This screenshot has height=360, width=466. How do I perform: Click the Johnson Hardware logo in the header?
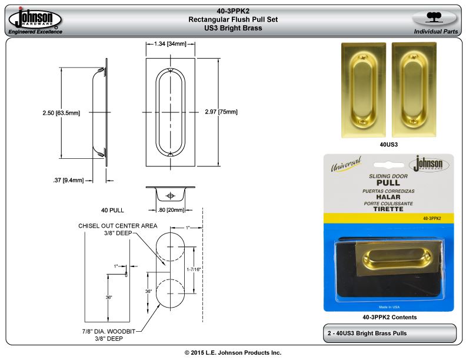click(35, 18)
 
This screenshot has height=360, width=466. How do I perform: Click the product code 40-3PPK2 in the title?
click(233, 11)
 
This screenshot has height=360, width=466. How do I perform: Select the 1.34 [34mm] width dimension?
click(170, 44)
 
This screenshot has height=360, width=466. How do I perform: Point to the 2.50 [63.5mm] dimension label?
click(61, 113)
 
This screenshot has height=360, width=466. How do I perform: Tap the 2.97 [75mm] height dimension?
click(221, 112)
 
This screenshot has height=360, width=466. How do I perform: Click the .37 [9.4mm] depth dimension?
click(68, 181)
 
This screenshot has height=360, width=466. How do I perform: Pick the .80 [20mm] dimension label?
click(171, 210)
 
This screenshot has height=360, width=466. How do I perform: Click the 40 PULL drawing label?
click(112, 211)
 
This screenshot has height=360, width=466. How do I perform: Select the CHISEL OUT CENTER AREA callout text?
click(118, 226)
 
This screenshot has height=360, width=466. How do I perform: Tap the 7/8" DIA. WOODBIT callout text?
click(109, 331)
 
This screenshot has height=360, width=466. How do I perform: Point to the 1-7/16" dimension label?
click(194, 269)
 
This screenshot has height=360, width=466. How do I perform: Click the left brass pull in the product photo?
click(364, 90)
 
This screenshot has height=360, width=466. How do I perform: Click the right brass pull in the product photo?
click(414, 89)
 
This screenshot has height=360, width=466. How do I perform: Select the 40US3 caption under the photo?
click(389, 145)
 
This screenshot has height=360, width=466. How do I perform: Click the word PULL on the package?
click(388, 183)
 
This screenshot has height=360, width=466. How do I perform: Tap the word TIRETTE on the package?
click(388, 209)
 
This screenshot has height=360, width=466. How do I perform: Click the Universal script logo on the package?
click(346, 164)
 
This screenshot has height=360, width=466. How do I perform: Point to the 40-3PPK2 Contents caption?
click(390, 317)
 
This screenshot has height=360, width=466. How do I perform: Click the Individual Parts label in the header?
click(436, 32)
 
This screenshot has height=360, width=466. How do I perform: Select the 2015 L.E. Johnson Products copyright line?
click(233, 352)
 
